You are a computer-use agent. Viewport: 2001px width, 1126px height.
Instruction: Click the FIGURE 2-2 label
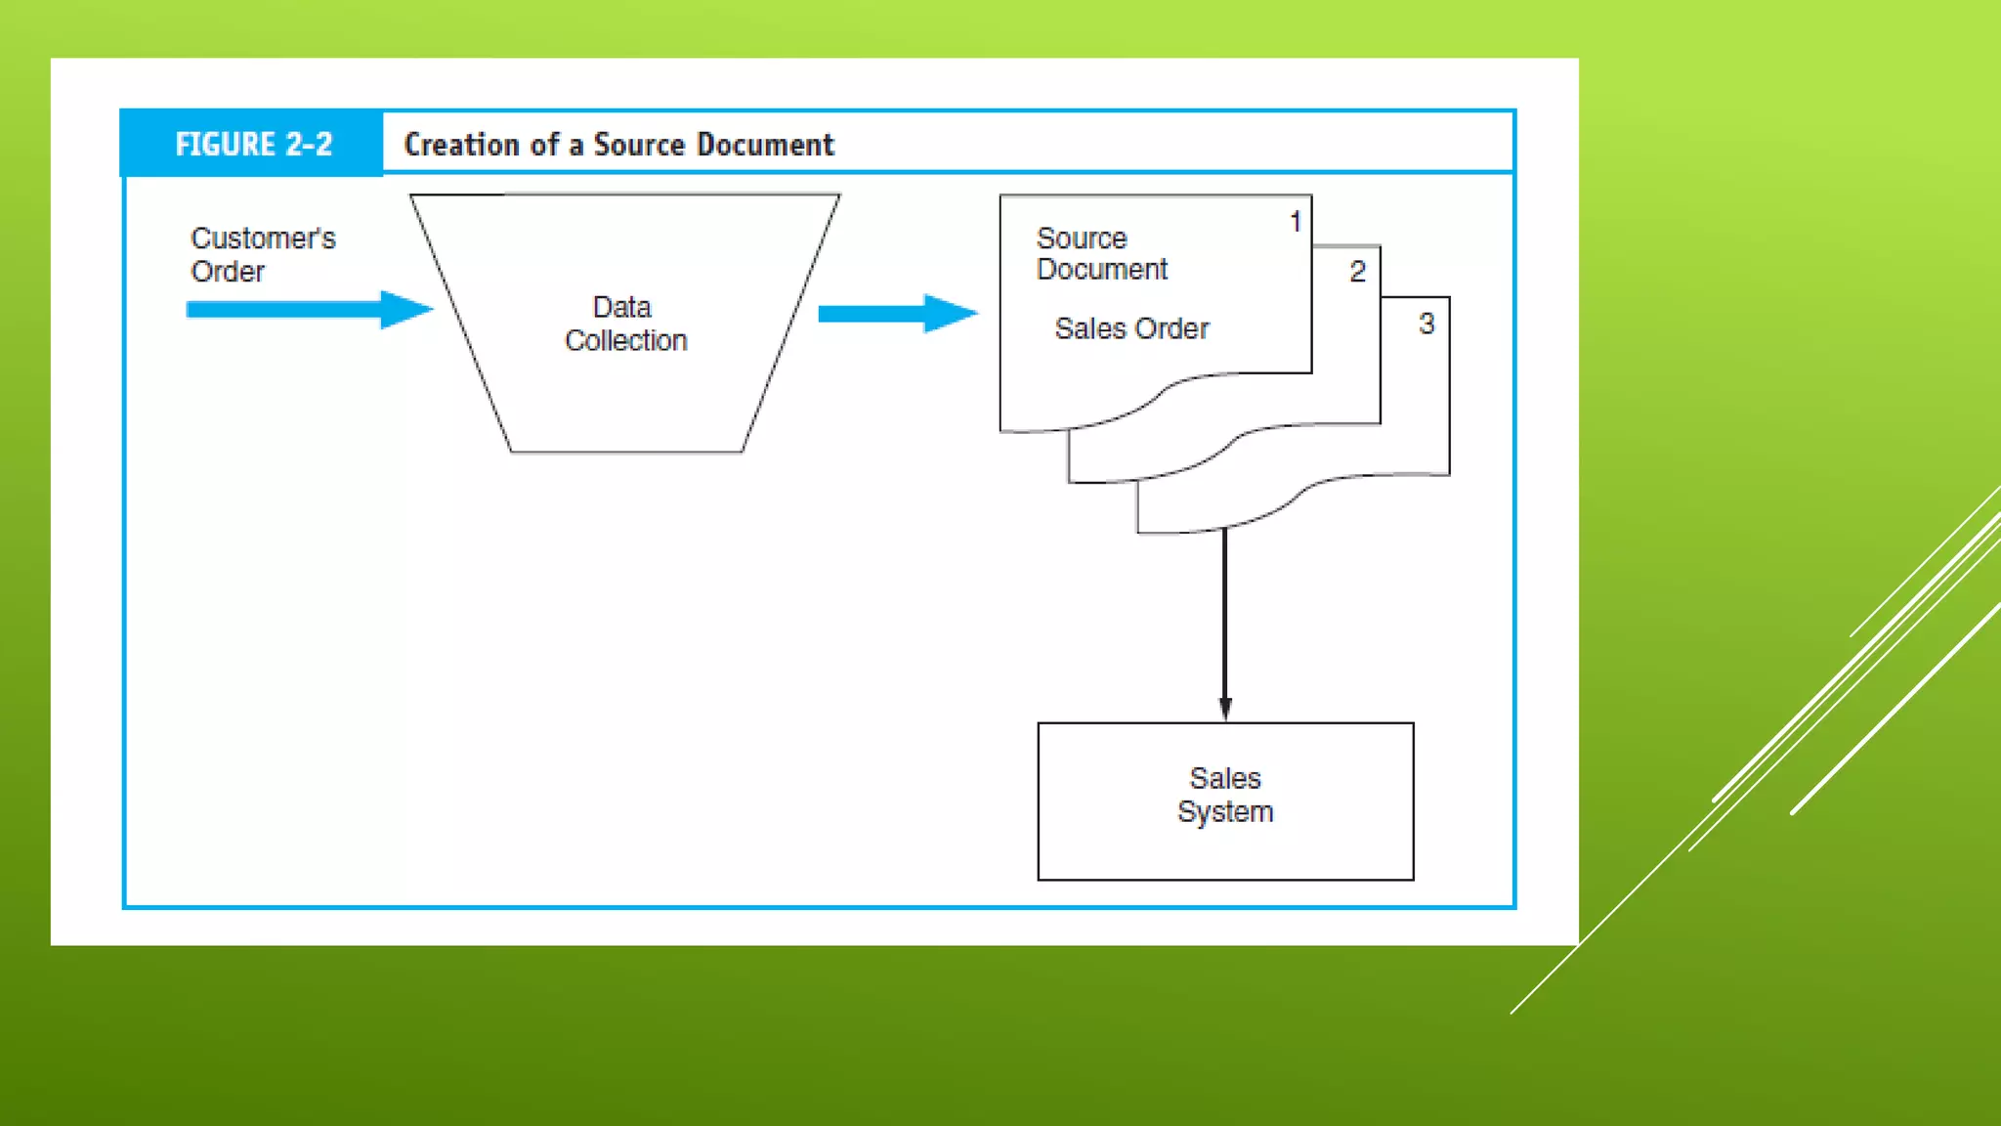(x=253, y=145)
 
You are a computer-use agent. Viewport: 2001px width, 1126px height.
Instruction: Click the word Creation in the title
(x=462, y=145)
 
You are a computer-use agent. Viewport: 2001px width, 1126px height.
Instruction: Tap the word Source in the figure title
(x=639, y=145)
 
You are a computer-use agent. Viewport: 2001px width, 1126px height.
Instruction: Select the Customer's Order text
(x=262, y=254)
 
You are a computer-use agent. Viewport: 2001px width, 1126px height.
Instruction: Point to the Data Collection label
(x=625, y=324)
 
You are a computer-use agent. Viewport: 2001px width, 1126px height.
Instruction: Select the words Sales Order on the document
(x=1131, y=328)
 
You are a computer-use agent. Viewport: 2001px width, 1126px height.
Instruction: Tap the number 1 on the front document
(x=1296, y=222)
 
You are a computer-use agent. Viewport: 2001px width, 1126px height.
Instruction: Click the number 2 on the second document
(x=1357, y=272)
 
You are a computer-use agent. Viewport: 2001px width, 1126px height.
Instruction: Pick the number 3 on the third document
(x=1426, y=324)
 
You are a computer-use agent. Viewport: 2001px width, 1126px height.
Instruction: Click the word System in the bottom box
(x=1225, y=812)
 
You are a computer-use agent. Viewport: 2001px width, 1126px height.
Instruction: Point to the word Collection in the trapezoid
(x=625, y=340)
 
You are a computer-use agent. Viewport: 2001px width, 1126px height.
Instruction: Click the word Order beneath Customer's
(x=228, y=272)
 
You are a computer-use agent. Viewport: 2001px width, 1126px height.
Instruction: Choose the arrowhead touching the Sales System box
(x=1225, y=709)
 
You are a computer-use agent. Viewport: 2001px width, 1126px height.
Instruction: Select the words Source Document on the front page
(x=1101, y=253)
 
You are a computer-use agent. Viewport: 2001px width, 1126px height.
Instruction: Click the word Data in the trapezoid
(x=621, y=307)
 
